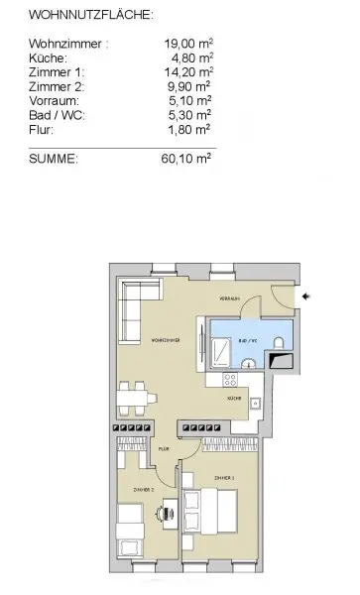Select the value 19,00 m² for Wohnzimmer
pos(188,44)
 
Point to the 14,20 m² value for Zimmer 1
pos(188,71)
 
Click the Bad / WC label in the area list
pos(58,113)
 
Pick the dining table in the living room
pos(134,400)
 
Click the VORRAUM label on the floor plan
pos(230,297)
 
